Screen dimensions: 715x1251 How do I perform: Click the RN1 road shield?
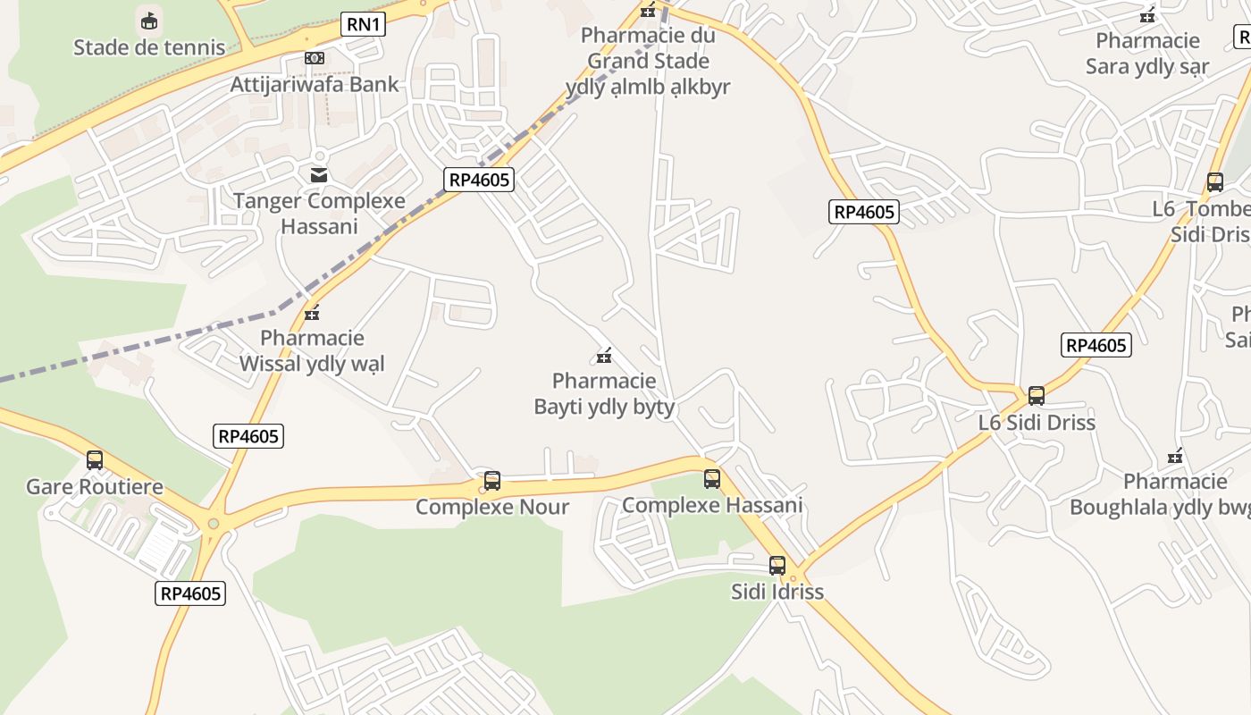(363, 24)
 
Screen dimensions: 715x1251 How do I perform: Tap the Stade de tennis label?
(149, 47)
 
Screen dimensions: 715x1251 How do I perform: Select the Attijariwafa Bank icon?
(314, 58)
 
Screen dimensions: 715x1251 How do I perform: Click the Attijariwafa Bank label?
(315, 85)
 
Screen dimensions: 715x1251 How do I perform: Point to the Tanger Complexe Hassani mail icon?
(319, 174)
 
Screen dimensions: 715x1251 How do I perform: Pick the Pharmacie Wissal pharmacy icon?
(312, 313)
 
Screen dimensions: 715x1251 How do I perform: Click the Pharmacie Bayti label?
(604, 394)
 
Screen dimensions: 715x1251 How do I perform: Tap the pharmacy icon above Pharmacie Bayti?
(604, 357)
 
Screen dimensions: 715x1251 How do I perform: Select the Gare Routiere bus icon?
(95, 460)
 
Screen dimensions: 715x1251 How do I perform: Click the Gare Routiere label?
(95, 487)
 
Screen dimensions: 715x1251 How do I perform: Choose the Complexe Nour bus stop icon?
(491, 481)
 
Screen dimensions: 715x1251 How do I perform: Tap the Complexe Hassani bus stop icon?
(712, 479)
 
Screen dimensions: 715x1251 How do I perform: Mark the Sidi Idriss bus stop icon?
(777, 566)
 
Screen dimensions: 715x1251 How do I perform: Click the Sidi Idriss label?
(777, 592)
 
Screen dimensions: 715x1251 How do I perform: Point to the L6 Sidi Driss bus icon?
(1037, 395)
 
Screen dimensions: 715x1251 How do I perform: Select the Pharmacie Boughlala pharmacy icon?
(1175, 457)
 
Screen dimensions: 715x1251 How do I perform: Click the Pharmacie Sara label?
(1147, 54)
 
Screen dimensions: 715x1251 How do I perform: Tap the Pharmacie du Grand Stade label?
(648, 61)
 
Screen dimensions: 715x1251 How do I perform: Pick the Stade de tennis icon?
(149, 20)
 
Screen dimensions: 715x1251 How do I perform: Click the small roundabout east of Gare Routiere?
(213, 524)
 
